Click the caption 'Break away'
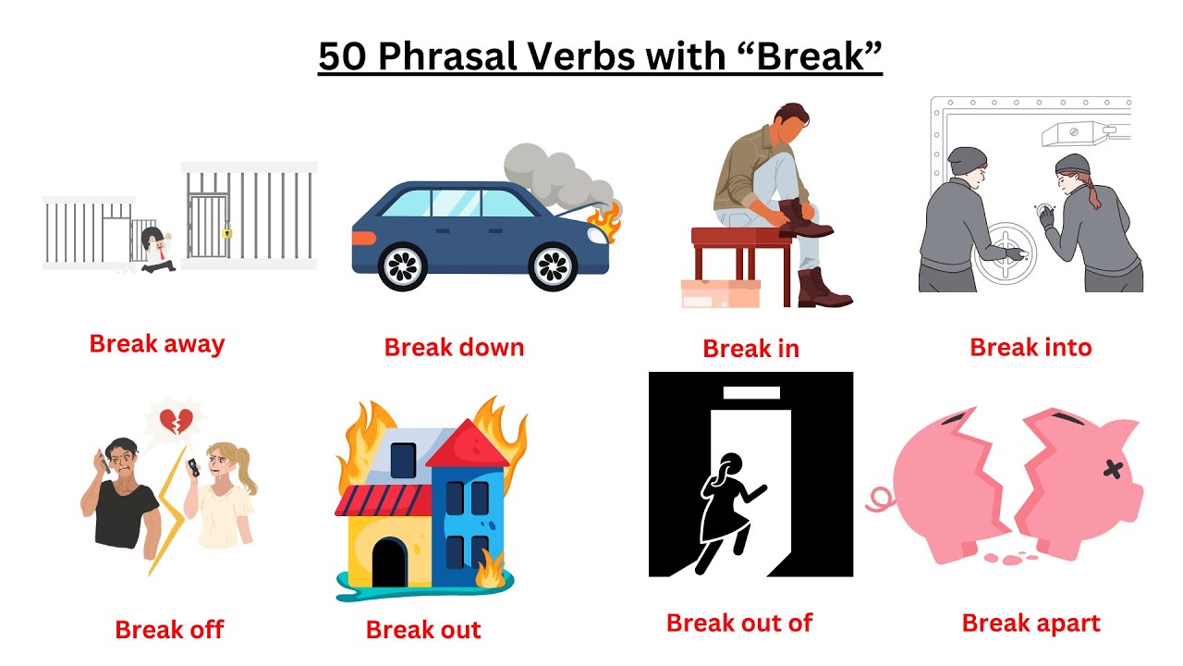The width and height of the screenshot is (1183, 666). [157, 344]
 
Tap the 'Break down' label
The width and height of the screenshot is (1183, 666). [454, 348]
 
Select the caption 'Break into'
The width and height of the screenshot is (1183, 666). [1031, 348]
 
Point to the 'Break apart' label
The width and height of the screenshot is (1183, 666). [1031, 623]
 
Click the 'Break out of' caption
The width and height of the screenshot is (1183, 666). [739, 623]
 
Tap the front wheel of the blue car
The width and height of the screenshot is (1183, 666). [553, 266]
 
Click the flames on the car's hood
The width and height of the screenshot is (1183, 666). [607, 223]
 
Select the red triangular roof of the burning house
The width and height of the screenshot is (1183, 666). [467, 443]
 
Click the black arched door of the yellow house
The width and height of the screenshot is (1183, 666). [389, 562]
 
